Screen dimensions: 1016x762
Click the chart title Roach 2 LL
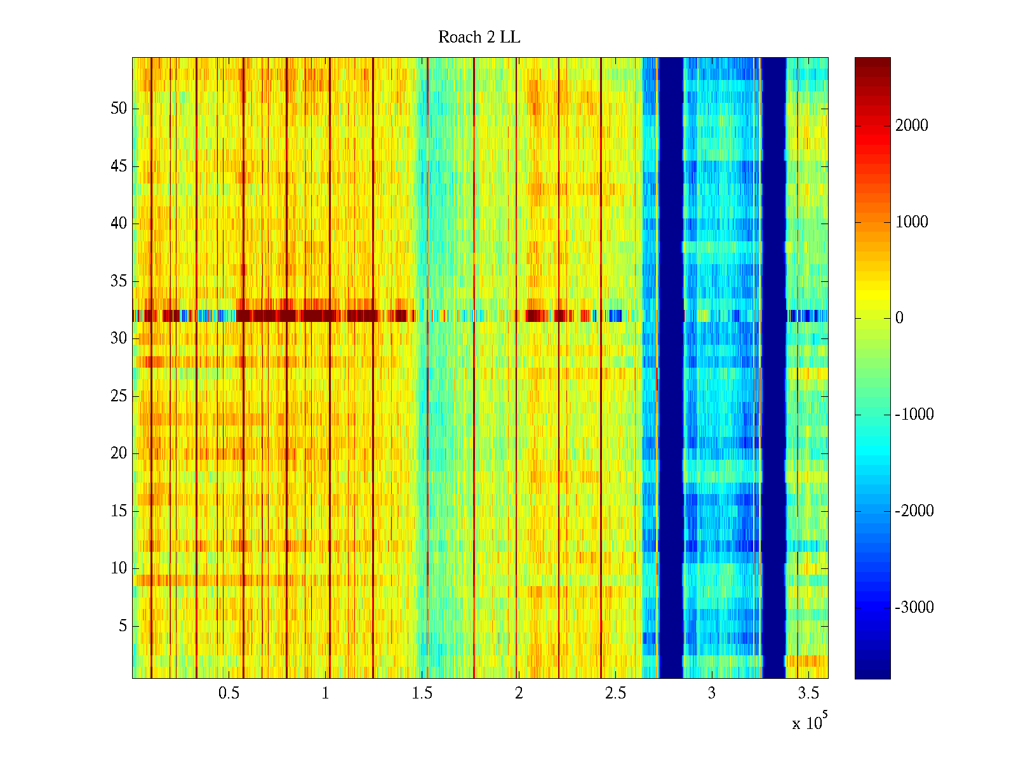[x=479, y=37]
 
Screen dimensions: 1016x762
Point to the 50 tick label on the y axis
[x=119, y=108]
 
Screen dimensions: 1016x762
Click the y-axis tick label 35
[x=119, y=281]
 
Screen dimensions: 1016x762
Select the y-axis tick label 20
[x=119, y=453]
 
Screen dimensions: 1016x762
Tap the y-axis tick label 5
[x=123, y=625]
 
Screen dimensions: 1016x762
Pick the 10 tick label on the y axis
[x=119, y=568]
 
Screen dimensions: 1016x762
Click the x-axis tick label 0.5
[x=229, y=693]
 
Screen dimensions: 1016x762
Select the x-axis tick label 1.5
[x=422, y=693]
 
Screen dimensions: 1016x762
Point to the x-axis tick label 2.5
[x=615, y=693]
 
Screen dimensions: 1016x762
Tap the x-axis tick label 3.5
[x=808, y=693]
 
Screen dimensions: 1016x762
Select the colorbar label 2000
[x=911, y=125]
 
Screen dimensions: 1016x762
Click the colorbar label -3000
[x=914, y=607]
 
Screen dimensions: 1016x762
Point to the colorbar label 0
[x=899, y=318]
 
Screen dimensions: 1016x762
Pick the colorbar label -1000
[x=914, y=414]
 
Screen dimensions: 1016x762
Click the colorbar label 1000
[x=911, y=222]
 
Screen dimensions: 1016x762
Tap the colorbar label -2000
[x=914, y=511]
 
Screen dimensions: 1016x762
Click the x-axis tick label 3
[x=711, y=693]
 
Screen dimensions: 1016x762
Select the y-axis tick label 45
[x=119, y=166]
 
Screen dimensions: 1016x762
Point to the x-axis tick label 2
[x=518, y=693]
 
